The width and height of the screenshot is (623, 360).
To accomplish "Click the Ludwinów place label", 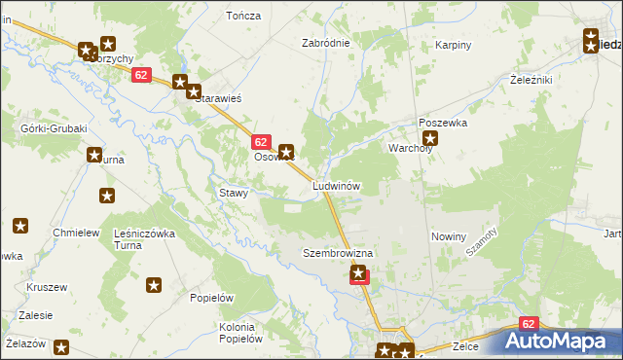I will (337, 185).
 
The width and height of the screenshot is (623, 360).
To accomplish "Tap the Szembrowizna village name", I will (338, 253).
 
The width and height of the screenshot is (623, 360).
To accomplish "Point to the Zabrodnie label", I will (325, 43).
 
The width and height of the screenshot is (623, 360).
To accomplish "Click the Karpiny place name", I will (453, 45).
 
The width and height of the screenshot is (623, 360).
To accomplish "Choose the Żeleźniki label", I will (531, 80).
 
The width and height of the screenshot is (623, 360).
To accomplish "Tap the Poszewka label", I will (443, 124).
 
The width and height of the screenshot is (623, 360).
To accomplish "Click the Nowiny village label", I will (449, 236).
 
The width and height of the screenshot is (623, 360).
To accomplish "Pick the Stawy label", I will (234, 193).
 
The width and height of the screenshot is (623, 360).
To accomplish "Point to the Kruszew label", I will (47, 288).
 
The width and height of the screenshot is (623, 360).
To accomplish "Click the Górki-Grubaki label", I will (55, 128).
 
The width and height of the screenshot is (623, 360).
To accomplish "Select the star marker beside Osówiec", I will (286, 152).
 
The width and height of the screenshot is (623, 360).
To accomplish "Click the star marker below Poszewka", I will (430, 139).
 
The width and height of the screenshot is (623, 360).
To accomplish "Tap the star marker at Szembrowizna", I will (359, 274).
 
